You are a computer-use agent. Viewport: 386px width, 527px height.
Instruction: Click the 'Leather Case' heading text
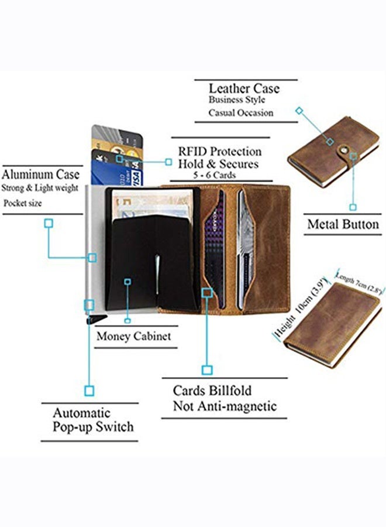pyautogui.click(x=244, y=88)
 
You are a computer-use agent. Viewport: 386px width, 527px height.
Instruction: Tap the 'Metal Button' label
pyautogui.click(x=343, y=224)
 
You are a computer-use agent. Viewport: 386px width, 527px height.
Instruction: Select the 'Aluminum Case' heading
pyautogui.click(x=40, y=174)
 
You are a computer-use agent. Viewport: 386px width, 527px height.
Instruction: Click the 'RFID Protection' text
pyautogui.click(x=219, y=152)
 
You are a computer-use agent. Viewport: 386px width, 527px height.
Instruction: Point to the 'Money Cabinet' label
pyautogui.click(x=133, y=336)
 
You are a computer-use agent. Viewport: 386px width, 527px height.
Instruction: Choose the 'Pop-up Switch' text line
pyautogui.click(x=93, y=426)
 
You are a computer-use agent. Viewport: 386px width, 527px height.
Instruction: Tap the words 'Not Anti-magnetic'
pyautogui.click(x=225, y=406)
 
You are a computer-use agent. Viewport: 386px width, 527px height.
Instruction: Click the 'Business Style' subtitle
pyautogui.click(x=237, y=100)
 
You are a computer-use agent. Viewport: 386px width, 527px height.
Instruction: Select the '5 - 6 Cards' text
pyautogui.click(x=215, y=175)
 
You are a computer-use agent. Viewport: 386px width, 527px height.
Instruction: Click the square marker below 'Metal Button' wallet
pyautogui.click(x=353, y=207)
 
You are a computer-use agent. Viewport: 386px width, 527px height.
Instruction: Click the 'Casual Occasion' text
pyautogui.click(x=240, y=113)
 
